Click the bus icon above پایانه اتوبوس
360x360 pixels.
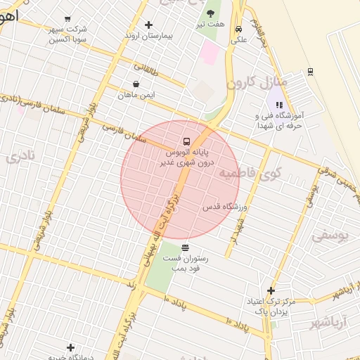pyautogui.click(x=186, y=140)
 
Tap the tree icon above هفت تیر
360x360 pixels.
pyautogui.click(x=210, y=13)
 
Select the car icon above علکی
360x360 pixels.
pyautogui.click(x=239, y=29)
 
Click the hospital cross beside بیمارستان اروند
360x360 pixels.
pyautogui.click(x=148, y=25)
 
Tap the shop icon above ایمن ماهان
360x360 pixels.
pyautogui.click(x=136, y=84)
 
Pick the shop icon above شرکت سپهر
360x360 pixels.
pyautogui.click(x=67, y=19)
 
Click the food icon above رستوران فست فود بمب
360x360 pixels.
pyautogui.click(x=185, y=247)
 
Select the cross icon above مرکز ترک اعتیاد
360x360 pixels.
pyautogui.click(x=271, y=290)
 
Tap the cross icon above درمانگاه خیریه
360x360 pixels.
pyautogui.click(x=70, y=347)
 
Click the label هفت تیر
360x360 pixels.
pyautogui.click(x=210, y=24)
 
